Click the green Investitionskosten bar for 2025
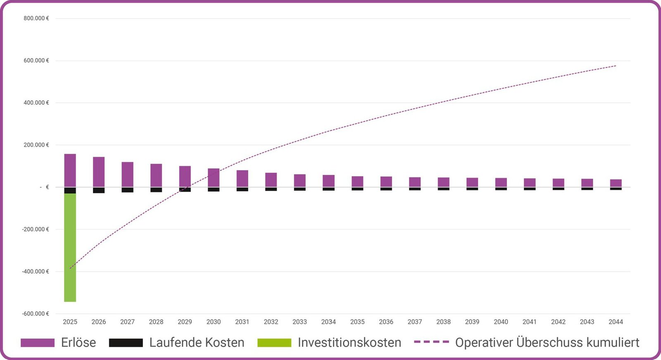click(x=70, y=247)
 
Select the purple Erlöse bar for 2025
click(x=70, y=170)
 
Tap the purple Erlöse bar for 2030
click(x=214, y=178)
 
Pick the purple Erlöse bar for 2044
click(x=616, y=183)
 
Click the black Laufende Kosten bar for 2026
click(x=99, y=190)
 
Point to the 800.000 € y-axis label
click(x=36, y=18)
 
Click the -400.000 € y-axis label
click(x=36, y=272)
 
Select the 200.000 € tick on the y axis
click(x=36, y=145)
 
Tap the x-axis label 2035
click(x=357, y=322)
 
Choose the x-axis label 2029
click(x=185, y=322)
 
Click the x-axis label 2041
click(x=530, y=322)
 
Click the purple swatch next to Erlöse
click(x=38, y=343)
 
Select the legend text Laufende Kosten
click(x=197, y=343)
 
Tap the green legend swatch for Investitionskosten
click(x=274, y=343)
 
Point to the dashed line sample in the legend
click(x=431, y=342)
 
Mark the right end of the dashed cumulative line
click(x=616, y=66)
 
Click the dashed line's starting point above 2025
click(x=70, y=269)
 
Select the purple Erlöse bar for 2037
click(x=415, y=182)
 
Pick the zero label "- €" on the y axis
click(x=45, y=187)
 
